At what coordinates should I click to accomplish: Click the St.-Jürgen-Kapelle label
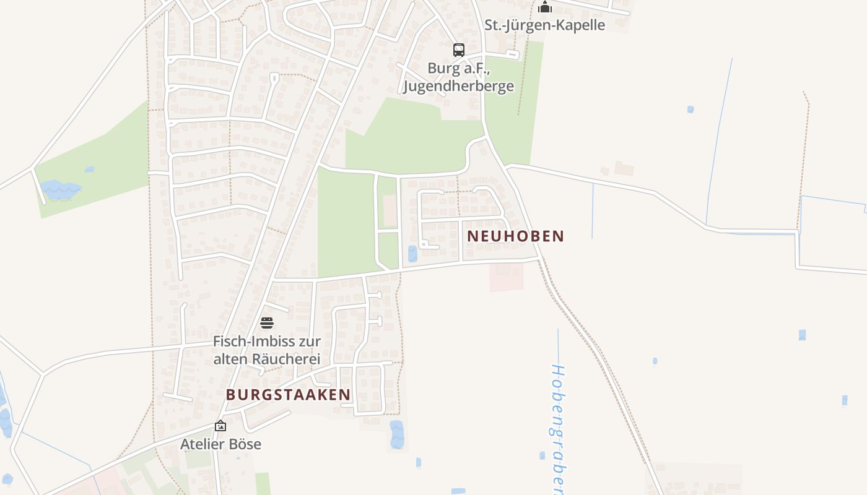pos(544,25)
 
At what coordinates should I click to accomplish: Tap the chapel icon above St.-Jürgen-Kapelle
pos(545,7)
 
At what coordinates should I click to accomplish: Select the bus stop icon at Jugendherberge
pos(458,50)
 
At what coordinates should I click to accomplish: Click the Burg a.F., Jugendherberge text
pos(458,77)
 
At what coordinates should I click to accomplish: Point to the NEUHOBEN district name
pos(516,236)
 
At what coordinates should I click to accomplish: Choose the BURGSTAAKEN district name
pos(288,395)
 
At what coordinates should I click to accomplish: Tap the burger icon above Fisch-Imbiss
pos(267,323)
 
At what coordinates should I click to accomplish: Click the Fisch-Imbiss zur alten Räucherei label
pos(267,350)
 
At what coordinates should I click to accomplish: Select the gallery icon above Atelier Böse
pos(220,426)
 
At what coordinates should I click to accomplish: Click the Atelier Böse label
pos(220,444)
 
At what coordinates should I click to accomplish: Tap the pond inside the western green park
pos(60,189)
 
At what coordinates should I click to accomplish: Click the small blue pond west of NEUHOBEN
pos(412,254)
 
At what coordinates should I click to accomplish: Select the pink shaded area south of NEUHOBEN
pos(506,277)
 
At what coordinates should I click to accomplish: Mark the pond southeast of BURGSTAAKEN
pos(396,434)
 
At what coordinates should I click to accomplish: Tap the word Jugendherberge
pos(458,85)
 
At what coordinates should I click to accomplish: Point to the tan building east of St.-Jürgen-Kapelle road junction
pos(623,168)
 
